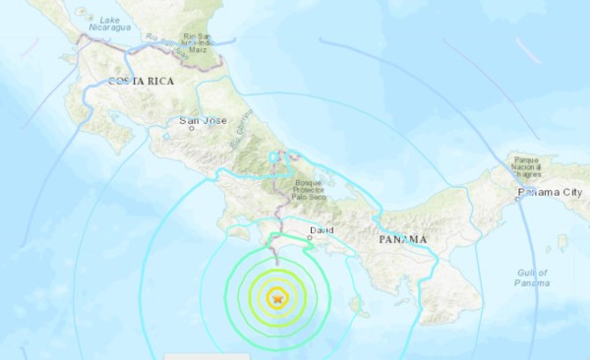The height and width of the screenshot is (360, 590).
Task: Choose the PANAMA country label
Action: (x=401, y=238)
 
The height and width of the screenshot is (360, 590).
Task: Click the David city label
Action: (x=321, y=230)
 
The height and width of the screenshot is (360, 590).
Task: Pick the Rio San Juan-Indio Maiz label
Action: (x=198, y=44)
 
